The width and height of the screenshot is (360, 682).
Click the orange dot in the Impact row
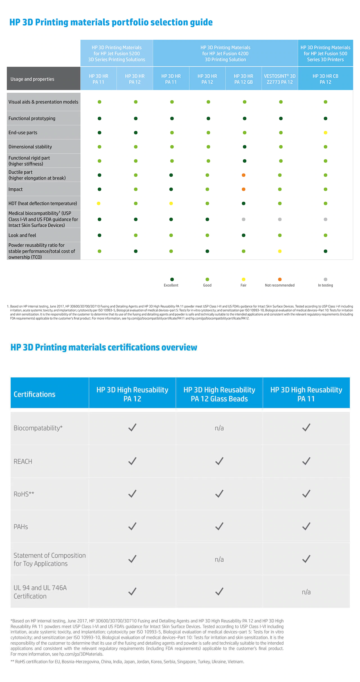(x=244, y=189)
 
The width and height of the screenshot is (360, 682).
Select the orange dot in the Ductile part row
(x=244, y=175)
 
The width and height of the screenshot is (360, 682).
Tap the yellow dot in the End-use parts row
(x=325, y=133)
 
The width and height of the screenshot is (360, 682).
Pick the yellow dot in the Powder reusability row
(x=280, y=251)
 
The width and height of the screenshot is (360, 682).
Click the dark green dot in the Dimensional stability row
(x=245, y=147)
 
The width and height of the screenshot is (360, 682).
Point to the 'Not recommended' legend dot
(x=280, y=279)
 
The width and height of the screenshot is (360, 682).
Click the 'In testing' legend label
(x=325, y=285)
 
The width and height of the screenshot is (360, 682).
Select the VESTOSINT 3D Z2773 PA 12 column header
(x=280, y=79)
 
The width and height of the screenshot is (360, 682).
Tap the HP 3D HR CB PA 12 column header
(x=325, y=79)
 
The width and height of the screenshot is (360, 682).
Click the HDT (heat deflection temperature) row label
(x=43, y=203)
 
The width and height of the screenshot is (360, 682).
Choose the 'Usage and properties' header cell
(x=44, y=78)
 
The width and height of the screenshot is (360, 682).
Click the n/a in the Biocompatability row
(x=219, y=428)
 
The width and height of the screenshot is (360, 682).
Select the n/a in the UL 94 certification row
(x=306, y=592)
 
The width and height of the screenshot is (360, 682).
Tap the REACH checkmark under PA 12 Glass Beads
(x=219, y=461)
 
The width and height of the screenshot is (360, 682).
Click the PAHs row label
(x=21, y=526)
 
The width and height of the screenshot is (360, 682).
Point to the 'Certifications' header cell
(x=35, y=394)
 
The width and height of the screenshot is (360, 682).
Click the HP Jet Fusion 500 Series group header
(x=325, y=53)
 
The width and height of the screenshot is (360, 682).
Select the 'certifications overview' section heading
(x=104, y=347)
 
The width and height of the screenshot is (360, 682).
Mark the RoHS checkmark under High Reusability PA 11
(x=306, y=494)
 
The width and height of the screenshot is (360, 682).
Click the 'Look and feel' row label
(x=22, y=235)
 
